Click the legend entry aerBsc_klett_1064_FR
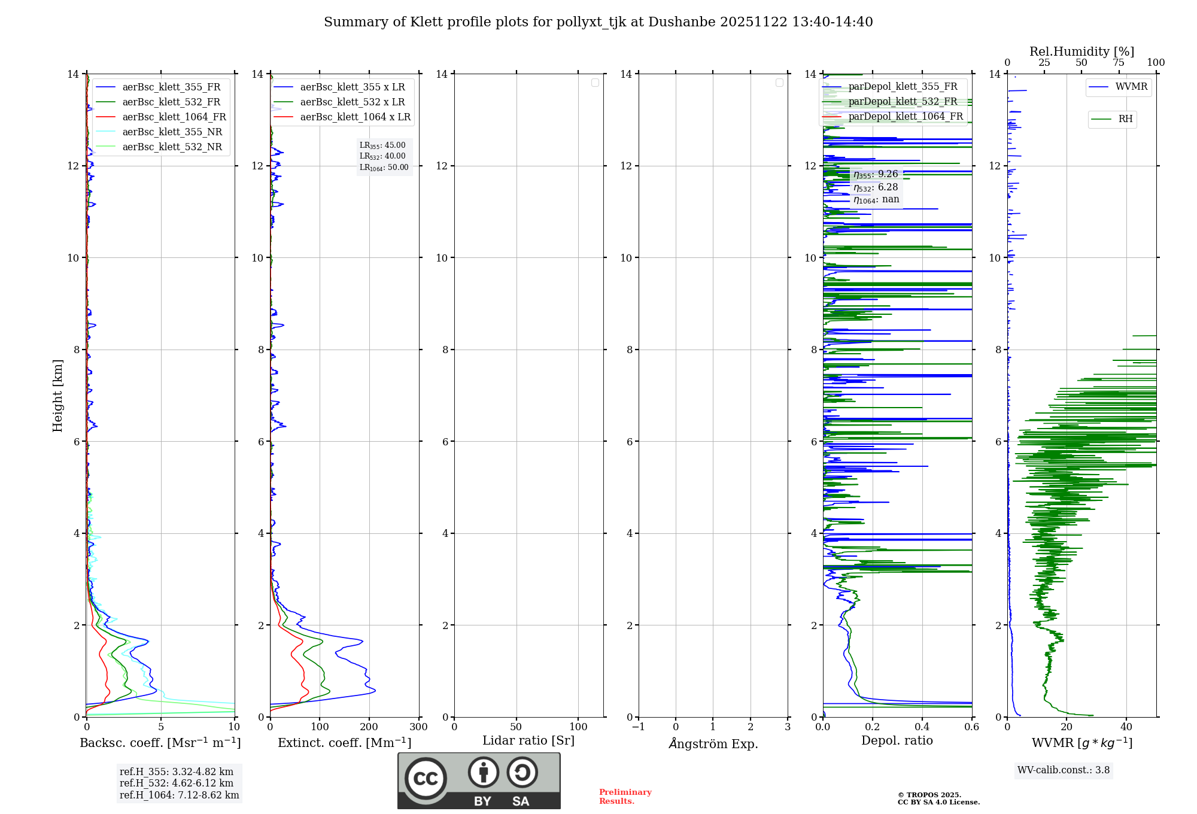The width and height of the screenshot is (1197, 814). (174, 117)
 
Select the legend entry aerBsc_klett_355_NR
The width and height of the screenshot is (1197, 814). (172, 132)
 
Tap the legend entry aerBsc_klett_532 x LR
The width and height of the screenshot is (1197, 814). (352, 102)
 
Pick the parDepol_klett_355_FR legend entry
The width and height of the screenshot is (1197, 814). (903, 87)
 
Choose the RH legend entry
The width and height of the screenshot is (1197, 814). (1125, 119)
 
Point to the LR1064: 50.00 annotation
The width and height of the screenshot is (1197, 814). (384, 168)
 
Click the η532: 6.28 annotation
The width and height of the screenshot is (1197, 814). (876, 187)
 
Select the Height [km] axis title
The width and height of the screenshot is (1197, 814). (57, 396)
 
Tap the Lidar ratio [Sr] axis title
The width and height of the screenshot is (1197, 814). (528, 740)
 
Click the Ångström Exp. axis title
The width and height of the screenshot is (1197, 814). (713, 743)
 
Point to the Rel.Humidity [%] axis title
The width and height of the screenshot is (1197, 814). (1081, 51)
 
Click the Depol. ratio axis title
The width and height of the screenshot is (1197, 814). (897, 740)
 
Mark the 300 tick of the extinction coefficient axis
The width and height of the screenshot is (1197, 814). (418, 727)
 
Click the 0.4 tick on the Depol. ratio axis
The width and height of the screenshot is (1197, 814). (922, 727)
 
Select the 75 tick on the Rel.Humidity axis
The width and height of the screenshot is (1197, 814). (1118, 63)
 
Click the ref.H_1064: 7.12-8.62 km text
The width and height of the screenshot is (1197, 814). (179, 795)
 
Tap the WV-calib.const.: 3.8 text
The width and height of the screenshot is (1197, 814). (1064, 770)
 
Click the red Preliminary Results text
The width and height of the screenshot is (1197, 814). (625, 797)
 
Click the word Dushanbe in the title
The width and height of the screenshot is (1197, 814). (681, 22)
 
